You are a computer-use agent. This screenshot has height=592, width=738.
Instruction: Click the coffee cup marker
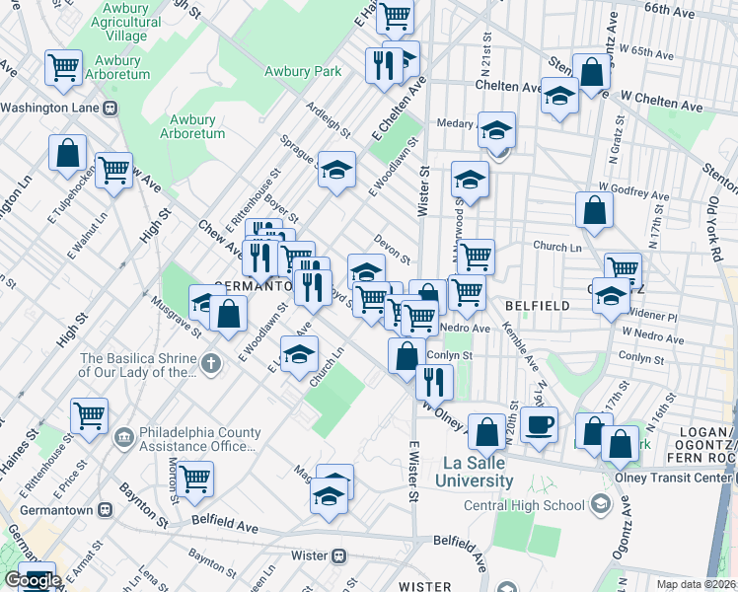(x=539, y=424)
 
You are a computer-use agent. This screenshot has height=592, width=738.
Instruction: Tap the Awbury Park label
(x=303, y=71)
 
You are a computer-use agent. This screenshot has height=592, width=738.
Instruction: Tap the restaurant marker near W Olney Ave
(x=434, y=380)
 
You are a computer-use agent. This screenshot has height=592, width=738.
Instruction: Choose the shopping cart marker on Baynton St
(x=195, y=480)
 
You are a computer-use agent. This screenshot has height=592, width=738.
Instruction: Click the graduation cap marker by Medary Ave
(x=496, y=128)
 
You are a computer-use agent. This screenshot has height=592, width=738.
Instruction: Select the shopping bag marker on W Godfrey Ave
(x=594, y=209)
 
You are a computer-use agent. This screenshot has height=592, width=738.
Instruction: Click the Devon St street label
(x=393, y=248)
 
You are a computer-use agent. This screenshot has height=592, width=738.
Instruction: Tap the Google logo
(x=33, y=580)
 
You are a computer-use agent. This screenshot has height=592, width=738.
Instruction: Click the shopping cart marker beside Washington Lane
(x=63, y=67)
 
